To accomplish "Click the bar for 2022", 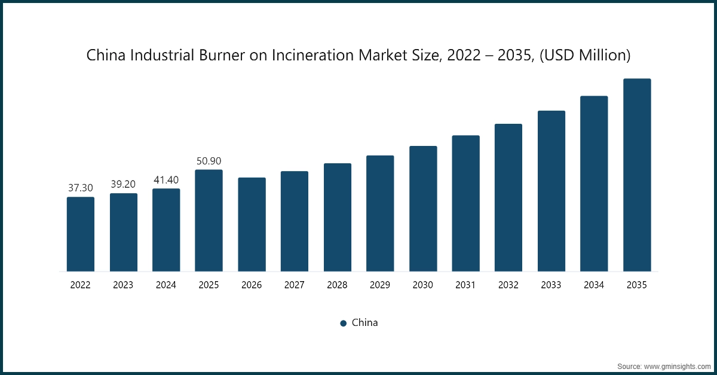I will (81, 234).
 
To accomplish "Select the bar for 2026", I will (252, 224).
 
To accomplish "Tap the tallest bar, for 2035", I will (637, 175).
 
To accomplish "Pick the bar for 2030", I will (423, 209).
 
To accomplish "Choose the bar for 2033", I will (551, 191).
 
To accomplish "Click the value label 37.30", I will (81, 188).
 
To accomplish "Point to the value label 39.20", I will (123, 184).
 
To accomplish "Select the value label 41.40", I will (166, 179).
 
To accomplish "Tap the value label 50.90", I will (209, 161).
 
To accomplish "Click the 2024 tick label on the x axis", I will (166, 285).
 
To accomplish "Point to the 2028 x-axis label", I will (337, 285).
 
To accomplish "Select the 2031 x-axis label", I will (465, 285).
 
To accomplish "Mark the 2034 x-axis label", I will (594, 285).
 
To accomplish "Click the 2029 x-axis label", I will (380, 285).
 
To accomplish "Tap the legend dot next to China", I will (344, 324).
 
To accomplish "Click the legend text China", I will (364, 323).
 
